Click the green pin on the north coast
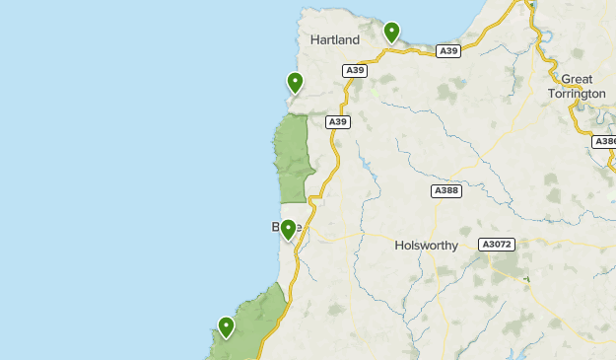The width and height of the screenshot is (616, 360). click(392, 33)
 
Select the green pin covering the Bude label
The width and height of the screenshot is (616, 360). click(288, 230)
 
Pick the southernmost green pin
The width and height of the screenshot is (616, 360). click(227, 325)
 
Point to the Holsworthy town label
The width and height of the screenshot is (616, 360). click(426, 246)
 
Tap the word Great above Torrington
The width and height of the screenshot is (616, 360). click(577, 79)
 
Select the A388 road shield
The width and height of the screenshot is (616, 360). click(446, 191)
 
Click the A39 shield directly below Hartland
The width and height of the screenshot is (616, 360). click(355, 70)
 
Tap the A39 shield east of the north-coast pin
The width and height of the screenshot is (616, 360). click(448, 50)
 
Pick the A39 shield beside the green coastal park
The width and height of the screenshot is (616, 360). click(338, 122)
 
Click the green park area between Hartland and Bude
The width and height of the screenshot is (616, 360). click(294, 158)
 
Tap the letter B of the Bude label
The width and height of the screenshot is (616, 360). click(276, 228)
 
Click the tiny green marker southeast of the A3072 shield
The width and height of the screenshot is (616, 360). click(527, 280)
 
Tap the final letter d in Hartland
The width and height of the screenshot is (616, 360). click(355, 39)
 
